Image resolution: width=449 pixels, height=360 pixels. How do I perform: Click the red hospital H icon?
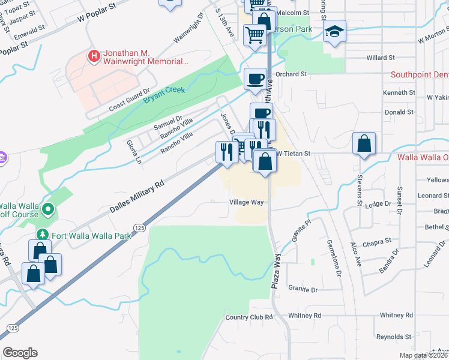click(94, 57)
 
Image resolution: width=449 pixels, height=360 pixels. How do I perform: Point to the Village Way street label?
click(247, 202)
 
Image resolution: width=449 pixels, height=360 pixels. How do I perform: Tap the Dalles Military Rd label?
click(137, 197)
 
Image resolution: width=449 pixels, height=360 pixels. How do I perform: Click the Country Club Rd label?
click(249, 317)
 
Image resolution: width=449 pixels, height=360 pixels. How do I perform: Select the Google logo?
click(20, 353)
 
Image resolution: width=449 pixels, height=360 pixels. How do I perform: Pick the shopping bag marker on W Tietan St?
click(364, 143)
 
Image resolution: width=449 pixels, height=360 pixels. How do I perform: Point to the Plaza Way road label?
click(277, 262)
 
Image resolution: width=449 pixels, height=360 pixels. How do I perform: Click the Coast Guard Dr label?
click(128, 102)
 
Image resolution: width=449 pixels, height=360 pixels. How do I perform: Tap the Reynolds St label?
click(394, 337)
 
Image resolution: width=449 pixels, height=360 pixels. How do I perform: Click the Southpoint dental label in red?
click(419, 75)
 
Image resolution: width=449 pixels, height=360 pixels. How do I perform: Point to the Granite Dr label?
click(303, 289)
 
